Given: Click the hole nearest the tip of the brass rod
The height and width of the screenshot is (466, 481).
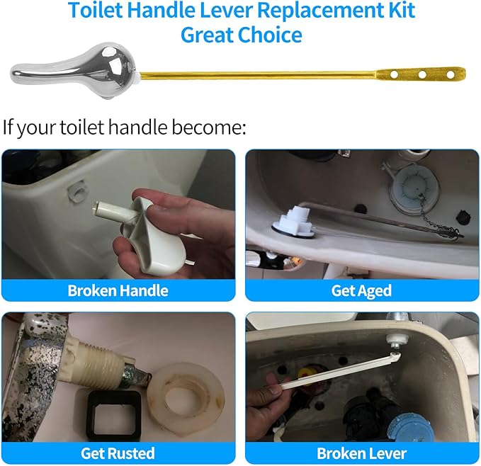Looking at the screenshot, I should pos(449,74).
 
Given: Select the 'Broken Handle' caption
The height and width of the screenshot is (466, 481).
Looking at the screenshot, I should pos(118,290).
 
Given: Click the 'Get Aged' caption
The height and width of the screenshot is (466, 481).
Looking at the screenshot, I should pos(361,290).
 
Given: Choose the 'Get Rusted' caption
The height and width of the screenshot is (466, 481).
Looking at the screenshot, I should pos(118,453).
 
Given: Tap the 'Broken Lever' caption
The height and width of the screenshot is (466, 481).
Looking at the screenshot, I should pos(361,453).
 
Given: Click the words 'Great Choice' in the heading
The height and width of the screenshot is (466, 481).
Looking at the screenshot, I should pos(241,34).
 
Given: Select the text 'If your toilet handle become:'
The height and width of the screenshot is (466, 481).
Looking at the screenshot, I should pos(124,128).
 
